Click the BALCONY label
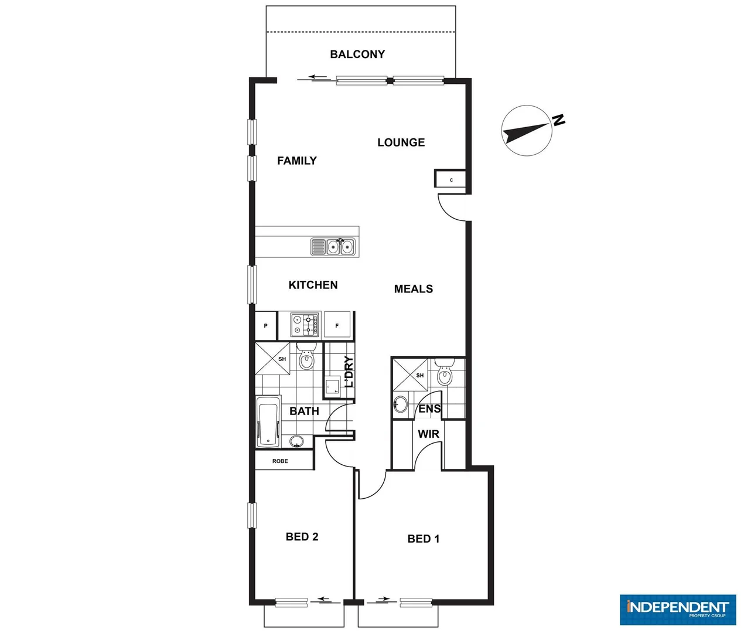357,55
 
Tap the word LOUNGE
401,142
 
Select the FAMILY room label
296,161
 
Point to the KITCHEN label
313,285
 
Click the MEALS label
413,289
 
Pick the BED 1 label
423,539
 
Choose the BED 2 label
302,537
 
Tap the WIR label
428,434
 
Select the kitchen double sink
340,247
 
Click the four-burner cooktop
305,325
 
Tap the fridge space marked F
337,325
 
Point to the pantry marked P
265,325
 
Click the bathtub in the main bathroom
269,422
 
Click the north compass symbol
527,131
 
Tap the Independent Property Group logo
678,609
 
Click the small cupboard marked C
451,179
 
